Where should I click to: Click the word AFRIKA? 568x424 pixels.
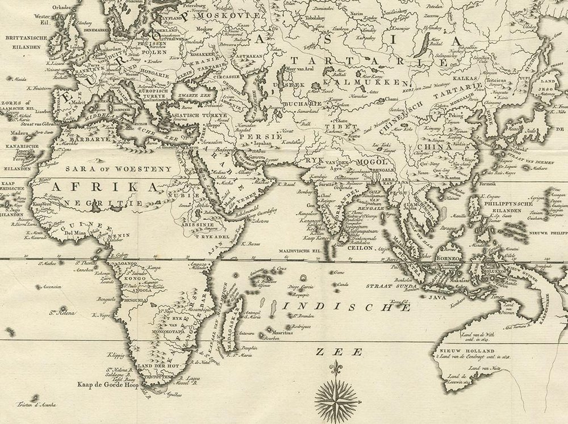(x=102, y=187)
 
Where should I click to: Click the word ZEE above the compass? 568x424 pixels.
(x=336, y=352)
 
